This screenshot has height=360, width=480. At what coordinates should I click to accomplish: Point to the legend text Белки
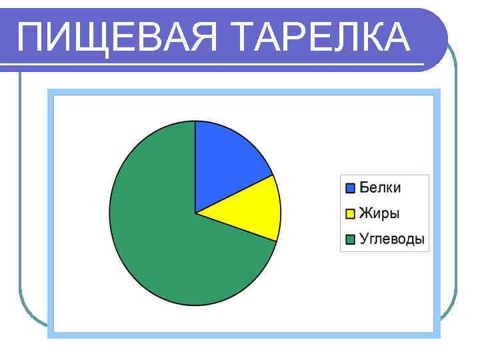[380, 188]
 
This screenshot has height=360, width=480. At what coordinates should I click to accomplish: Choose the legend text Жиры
[379, 214]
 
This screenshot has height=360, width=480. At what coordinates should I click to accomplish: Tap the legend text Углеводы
[392, 239]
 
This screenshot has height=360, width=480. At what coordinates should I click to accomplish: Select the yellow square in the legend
[350, 214]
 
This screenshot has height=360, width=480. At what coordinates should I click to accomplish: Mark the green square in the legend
[350, 239]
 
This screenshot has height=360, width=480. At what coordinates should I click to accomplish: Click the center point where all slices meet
[195, 213]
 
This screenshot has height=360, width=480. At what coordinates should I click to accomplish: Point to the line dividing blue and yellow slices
[235, 194]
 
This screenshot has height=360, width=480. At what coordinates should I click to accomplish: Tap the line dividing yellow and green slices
[236, 227]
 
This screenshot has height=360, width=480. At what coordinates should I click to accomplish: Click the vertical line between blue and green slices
[195, 167]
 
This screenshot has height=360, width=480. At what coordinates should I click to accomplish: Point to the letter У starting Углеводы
[364, 239]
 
